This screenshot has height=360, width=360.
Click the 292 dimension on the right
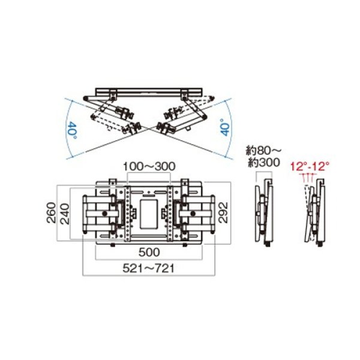click(223, 211)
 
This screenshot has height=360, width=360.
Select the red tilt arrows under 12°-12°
click(310, 178)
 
